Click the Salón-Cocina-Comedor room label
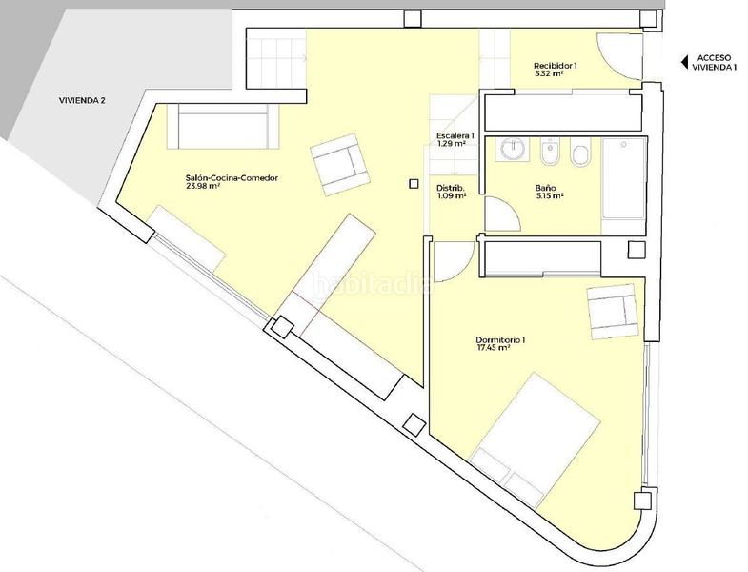point(232,178)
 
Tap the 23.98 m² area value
point(203,186)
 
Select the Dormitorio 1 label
point(500,340)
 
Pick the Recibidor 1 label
point(556,66)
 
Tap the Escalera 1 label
point(455,135)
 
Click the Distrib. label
point(451,188)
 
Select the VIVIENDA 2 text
point(82,101)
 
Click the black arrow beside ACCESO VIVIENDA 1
point(684,62)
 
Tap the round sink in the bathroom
point(515,149)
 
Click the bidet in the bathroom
point(551,153)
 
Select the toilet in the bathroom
point(580,153)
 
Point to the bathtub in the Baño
point(624,178)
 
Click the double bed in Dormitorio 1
point(535,440)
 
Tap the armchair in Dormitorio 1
point(613,312)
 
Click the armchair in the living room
point(339,165)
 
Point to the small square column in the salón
point(414,184)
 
